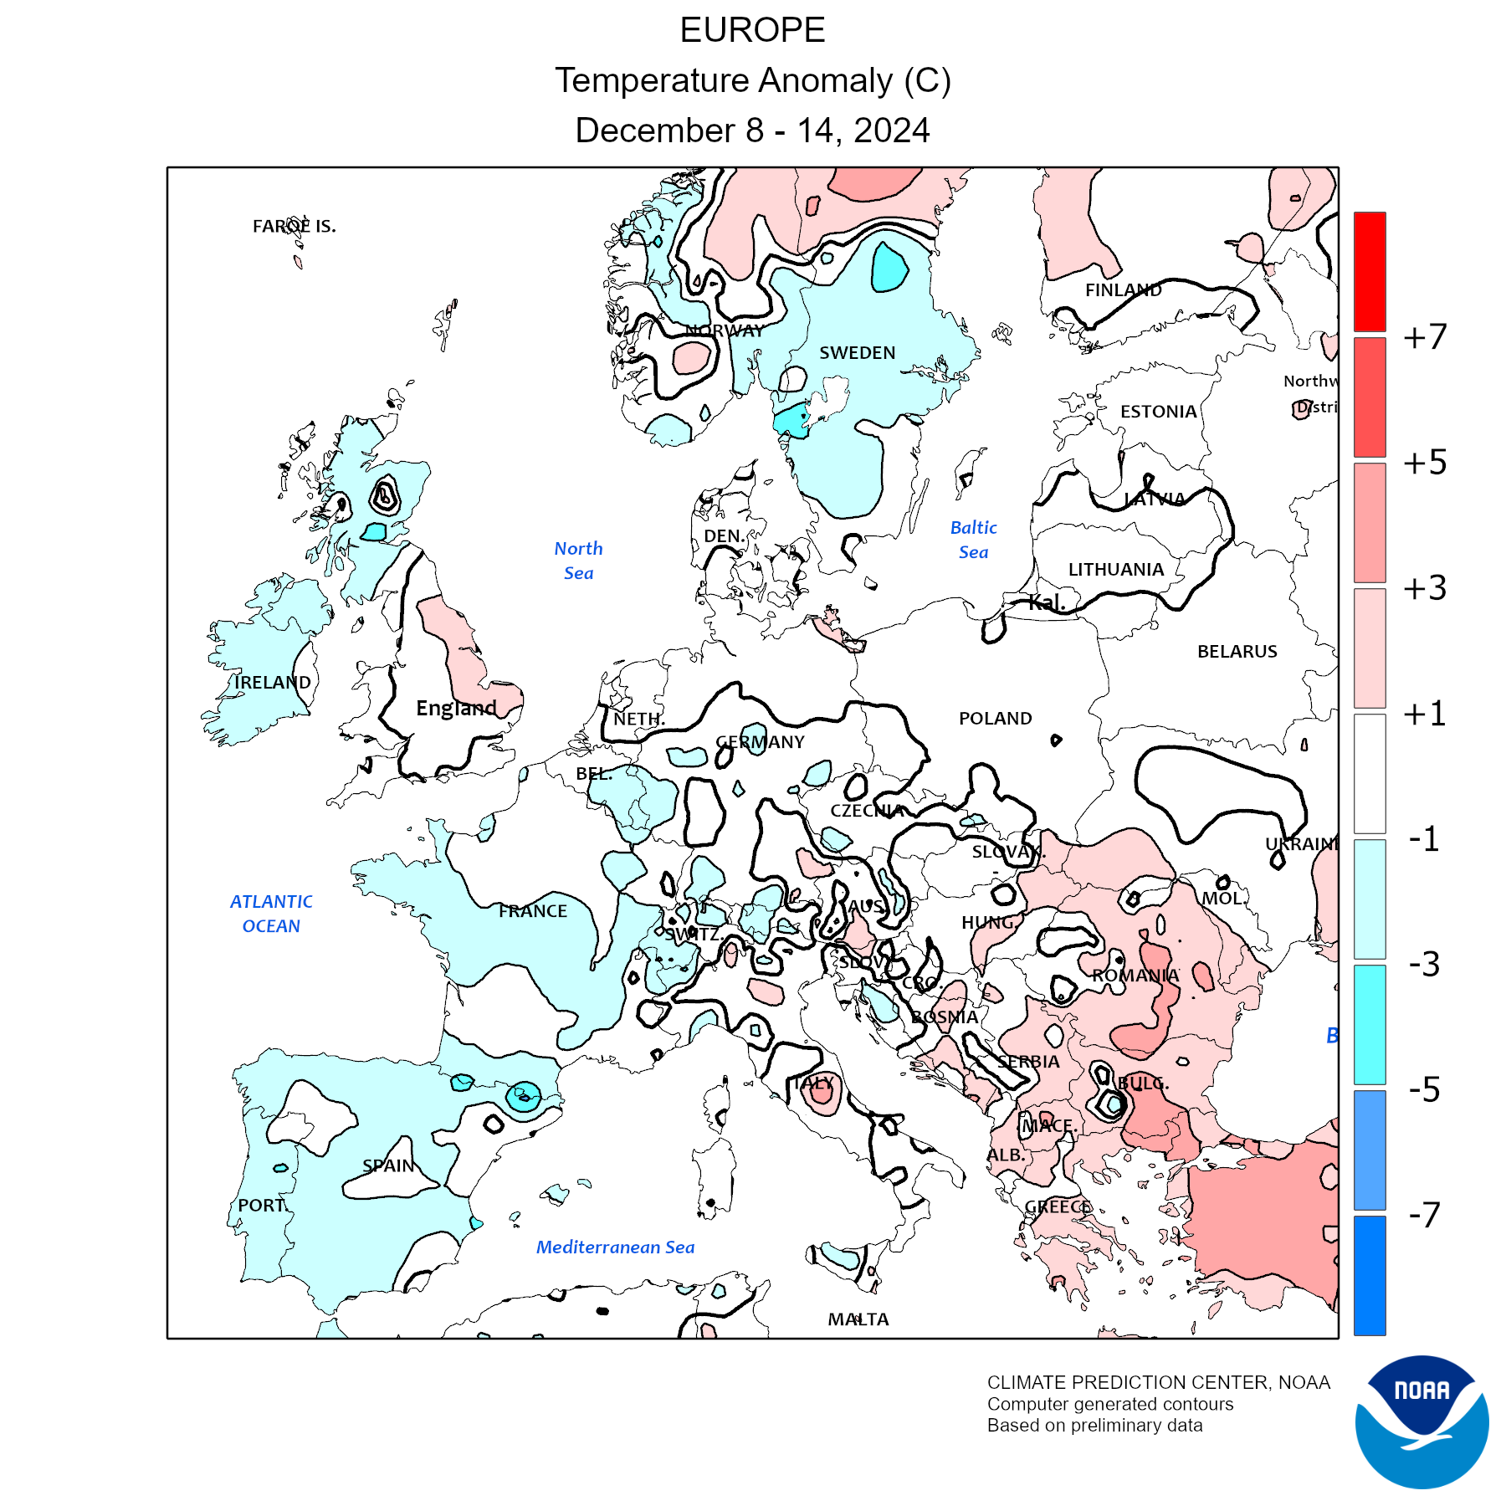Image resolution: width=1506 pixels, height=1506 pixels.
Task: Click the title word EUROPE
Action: (752, 31)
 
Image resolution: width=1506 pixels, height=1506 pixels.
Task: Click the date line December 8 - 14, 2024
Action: (752, 131)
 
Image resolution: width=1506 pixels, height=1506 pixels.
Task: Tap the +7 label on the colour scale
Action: (1424, 337)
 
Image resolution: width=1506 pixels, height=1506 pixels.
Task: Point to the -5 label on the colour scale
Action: (1424, 1089)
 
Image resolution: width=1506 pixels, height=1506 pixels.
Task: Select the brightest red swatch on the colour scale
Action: (1370, 271)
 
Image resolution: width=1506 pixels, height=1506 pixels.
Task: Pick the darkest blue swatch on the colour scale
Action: (1370, 1275)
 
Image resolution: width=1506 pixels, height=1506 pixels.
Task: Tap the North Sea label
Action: (578, 561)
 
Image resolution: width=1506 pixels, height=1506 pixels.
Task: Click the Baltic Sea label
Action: (973, 540)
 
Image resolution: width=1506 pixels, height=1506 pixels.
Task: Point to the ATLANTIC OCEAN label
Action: (271, 914)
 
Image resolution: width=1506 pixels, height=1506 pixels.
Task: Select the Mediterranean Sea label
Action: (615, 1247)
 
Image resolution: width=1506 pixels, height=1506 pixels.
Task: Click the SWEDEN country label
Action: (857, 353)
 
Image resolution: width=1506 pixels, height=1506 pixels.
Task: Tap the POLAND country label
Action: (995, 719)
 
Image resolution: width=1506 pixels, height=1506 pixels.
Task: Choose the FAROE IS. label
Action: (294, 226)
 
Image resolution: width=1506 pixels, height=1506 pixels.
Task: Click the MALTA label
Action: (858, 1319)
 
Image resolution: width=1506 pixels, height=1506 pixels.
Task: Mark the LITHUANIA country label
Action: (1115, 570)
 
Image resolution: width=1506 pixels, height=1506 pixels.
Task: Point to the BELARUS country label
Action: (1237, 652)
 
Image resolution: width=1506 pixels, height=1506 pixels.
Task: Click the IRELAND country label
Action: (272, 683)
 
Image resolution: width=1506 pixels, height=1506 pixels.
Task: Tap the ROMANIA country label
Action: (1135, 976)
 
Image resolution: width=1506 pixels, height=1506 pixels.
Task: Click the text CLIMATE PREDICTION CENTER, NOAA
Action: (1158, 1383)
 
